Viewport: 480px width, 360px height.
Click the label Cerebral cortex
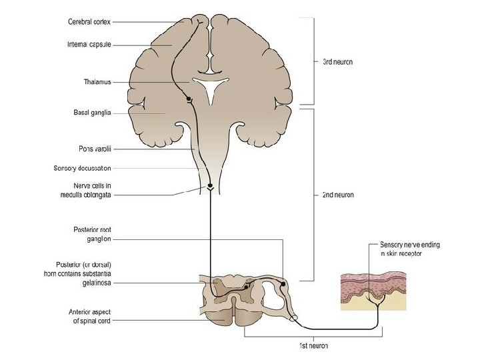(x=89, y=21)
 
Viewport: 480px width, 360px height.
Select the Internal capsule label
(x=89, y=45)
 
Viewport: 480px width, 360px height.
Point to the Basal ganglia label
(x=92, y=113)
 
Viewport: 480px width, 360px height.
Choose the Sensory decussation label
(x=82, y=168)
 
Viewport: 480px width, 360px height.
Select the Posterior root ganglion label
(x=91, y=233)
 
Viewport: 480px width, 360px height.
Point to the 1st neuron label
(x=313, y=345)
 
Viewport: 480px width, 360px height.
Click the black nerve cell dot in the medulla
(x=210, y=185)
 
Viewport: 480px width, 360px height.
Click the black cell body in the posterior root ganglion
(x=283, y=284)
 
